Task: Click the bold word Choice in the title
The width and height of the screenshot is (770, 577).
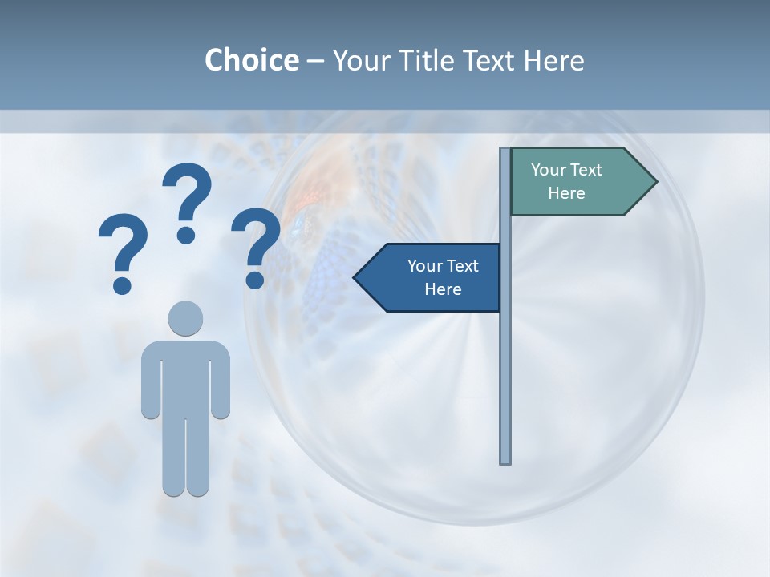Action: click(x=251, y=60)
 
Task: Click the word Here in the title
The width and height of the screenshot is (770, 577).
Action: click(x=553, y=60)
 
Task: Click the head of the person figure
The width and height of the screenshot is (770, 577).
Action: click(x=185, y=317)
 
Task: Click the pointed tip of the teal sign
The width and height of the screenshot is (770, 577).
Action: click(x=654, y=182)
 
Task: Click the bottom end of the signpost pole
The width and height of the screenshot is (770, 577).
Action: click(x=505, y=460)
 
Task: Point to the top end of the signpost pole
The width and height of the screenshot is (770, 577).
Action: click(x=505, y=151)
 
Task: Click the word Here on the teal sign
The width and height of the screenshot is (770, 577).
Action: click(x=566, y=193)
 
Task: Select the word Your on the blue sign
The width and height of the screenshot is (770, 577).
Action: click(x=424, y=266)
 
